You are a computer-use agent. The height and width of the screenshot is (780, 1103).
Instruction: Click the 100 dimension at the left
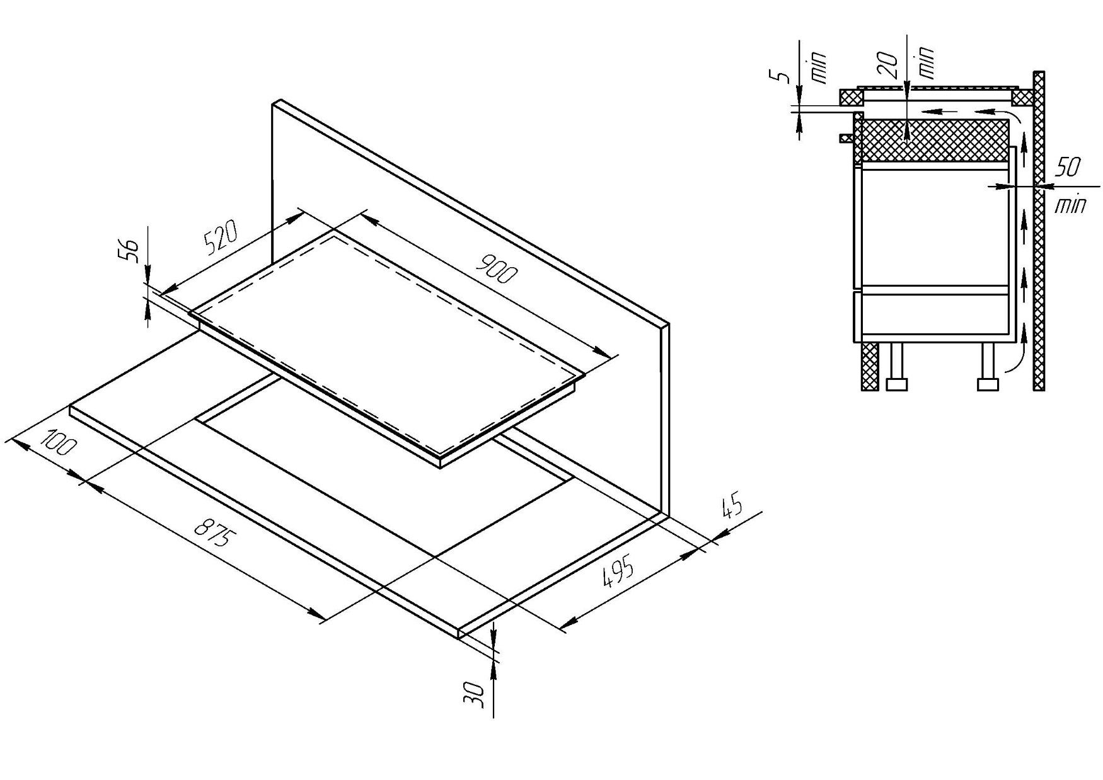tap(58, 441)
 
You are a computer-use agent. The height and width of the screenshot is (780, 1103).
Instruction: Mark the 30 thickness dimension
tap(477, 694)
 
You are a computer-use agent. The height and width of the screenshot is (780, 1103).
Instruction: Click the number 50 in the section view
tap(1068, 168)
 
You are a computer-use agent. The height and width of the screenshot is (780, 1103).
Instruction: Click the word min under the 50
tap(1070, 204)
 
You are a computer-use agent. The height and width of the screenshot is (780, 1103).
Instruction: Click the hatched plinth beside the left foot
tap(870, 367)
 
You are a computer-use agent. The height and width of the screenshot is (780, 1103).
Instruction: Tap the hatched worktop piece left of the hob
tap(850, 98)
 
